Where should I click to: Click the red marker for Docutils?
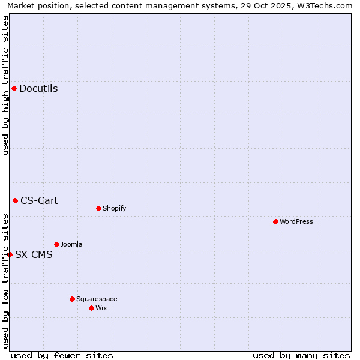click(x=14, y=89)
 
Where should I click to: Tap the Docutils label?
click(x=38, y=89)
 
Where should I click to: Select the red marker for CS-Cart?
click(x=15, y=200)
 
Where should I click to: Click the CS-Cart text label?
click(x=39, y=200)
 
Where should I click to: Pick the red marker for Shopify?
click(x=98, y=208)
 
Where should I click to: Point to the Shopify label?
click(x=114, y=209)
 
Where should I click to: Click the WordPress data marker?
click(x=275, y=221)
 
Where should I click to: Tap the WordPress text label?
click(x=296, y=221)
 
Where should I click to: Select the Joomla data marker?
click(x=56, y=244)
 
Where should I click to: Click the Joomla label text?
click(x=71, y=245)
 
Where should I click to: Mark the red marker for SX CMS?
click(x=10, y=254)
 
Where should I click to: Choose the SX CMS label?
click(x=34, y=254)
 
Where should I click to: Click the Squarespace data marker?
click(x=72, y=299)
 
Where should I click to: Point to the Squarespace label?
click(x=97, y=299)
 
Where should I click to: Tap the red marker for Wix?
click(x=91, y=308)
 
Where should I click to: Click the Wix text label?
click(x=101, y=308)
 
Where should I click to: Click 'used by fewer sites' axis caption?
click(x=62, y=355)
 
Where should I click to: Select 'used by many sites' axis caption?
click(x=301, y=355)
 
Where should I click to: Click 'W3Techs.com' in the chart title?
click(x=328, y=6)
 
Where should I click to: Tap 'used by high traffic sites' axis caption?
click(x=6, y=85)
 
